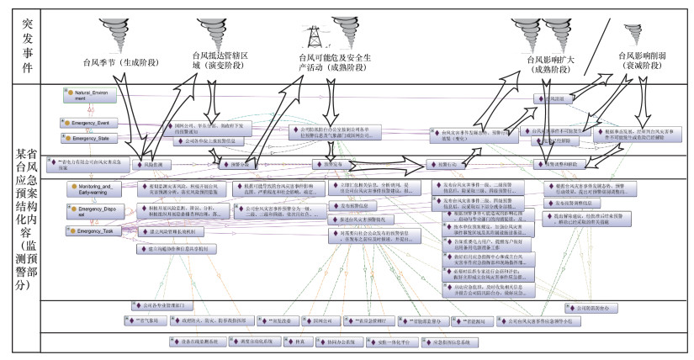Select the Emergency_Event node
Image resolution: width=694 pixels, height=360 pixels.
pyautogui.click(x=93, y=123)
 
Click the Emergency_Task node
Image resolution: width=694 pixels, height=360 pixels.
pyautogui.click(x=91, y=230)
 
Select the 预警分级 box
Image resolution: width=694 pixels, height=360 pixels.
pyautogui.click(x=237, y=165)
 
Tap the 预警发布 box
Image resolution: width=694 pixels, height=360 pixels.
pyautogui.click(x=329, y=165)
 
